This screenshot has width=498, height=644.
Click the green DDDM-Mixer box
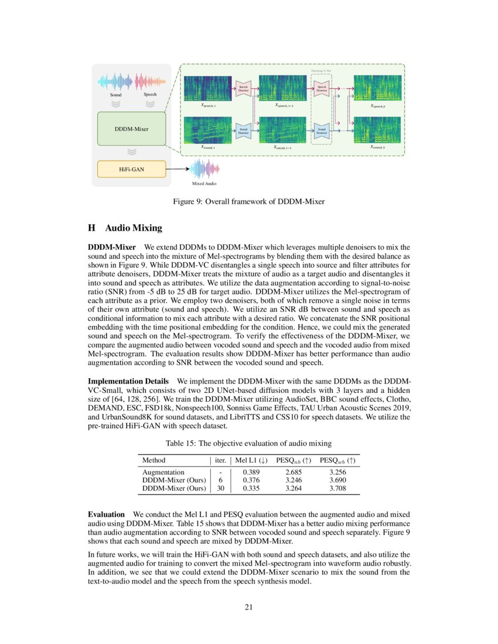point(132,128)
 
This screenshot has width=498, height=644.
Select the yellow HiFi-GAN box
point(132,169)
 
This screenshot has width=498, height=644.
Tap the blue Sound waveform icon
point(115,81)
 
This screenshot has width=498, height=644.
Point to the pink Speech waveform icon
point(150,81)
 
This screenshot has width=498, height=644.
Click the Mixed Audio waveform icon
point(204,170)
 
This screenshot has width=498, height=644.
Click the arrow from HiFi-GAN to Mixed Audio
point(178,169)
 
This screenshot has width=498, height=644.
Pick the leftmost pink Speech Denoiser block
point(243,89)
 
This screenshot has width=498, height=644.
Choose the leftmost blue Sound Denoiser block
point(243,131)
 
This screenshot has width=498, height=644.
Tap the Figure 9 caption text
point(248,202)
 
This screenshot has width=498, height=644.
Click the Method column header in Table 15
point(154,460)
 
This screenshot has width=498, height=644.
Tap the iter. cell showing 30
point(220,488)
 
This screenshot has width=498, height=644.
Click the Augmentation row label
point(163,472)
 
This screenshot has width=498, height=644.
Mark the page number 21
point(248,607)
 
